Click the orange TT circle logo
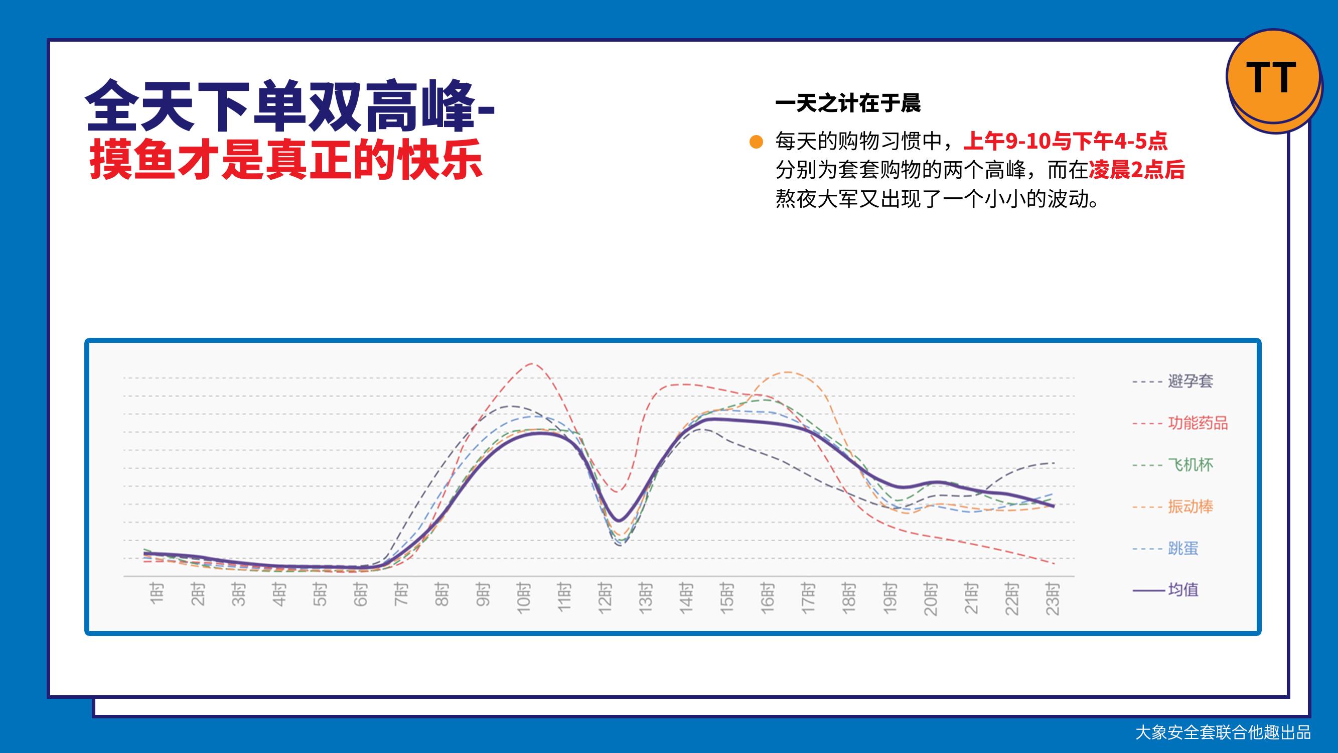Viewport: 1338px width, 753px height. click(1273, 76)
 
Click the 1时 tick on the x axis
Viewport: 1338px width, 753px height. click(157, 593)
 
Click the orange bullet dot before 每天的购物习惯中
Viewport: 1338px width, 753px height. click(756, 142)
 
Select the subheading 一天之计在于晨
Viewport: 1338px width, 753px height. click(848, 103)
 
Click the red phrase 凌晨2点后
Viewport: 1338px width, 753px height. click(1136, 170)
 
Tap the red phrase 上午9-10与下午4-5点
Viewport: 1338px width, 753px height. click(1066, 141)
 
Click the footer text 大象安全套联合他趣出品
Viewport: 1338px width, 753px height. click(1223, 733)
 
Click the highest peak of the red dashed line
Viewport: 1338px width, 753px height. click(532, 363)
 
